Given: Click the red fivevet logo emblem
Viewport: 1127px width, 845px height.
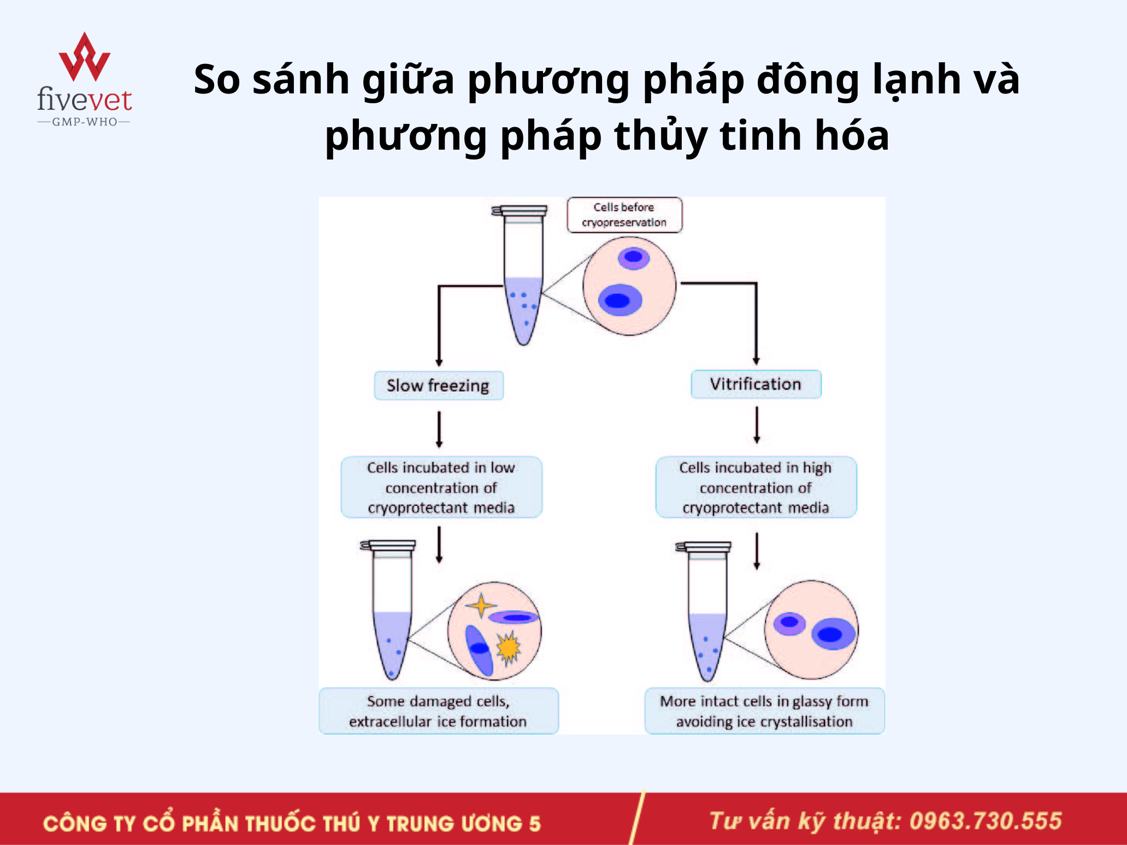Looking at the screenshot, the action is pyautogui.click(x=84, y=57).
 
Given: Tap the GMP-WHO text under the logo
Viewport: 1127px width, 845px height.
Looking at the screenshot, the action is pyautogui.click(x=85, y=122).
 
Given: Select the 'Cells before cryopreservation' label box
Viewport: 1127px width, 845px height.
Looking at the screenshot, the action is pyautogui.click(x=624, y=215).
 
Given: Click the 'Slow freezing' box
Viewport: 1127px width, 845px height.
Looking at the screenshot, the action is pyautogui.click(x=439, y=386).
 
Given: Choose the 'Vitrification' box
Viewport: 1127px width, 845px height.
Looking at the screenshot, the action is pyautogui.click(x=756, y=384).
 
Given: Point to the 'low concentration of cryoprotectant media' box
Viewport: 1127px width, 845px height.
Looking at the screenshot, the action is pyautogui.click(x=441, y=487).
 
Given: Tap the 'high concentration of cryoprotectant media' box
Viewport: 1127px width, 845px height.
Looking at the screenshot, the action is pyautogui.click(x=756, y=487).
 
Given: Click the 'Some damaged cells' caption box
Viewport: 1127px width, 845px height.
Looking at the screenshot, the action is pyautogui.click(x=439, y=711).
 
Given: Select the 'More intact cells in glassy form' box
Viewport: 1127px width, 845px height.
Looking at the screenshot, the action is pyautogui.click(x=764, y=711).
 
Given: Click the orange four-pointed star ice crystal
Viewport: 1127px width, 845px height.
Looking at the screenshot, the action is pyautogui.click(x=481, y=605).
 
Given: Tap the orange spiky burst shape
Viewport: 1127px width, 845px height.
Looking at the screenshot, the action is pyautogui.click(x=509, y=648).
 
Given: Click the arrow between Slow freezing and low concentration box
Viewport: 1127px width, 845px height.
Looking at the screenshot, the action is pyautogui.click(x=439, y=430).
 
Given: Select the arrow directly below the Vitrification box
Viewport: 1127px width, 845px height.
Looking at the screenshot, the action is pyautogui.click(x=757, y=426).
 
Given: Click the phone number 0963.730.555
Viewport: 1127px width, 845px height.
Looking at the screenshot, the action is pyautogui.click(x=986, y=821).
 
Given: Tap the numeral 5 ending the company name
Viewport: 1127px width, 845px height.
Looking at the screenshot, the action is pyautogui.click(x=535, y=824).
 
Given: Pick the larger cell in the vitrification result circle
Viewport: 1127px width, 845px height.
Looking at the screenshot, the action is pyautogui.click(x=833, y=634).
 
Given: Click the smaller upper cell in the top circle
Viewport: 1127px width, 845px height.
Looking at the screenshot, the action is pyautogui.click(x=634, y=257).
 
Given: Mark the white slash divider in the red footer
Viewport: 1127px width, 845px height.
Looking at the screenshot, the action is pyautogui.click(x=638, y=818).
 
